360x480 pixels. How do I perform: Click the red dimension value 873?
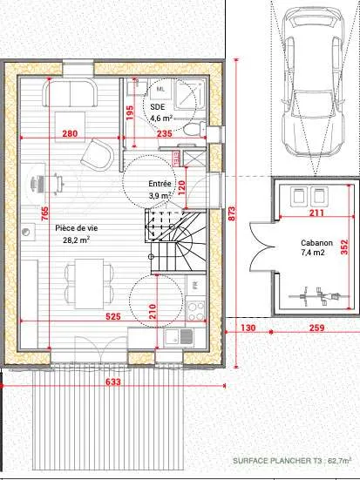point(232,213)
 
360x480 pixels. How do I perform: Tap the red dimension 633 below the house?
point(113,382)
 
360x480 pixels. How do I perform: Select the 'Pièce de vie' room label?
point(77,228)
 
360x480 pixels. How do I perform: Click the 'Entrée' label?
point(160,184)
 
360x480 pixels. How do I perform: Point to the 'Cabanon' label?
point(316,243)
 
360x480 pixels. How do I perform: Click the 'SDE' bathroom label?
point(158,107)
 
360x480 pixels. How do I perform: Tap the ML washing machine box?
point(160,89)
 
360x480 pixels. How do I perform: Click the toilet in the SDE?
point(195,129)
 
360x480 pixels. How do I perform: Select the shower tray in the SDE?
point(190,94)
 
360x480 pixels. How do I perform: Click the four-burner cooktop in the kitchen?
point(195,311)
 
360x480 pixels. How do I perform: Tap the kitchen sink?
point(179,337)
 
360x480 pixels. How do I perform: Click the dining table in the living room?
point(90,284)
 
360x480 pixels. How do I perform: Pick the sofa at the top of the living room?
point(70,92)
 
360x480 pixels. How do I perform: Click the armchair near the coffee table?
point(97,154)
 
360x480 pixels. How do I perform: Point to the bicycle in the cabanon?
point(320,296)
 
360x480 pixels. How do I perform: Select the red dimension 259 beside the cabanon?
point(316,328)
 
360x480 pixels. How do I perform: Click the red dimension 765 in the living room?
point(44,213)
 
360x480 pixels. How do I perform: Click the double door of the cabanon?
point(261,247)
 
